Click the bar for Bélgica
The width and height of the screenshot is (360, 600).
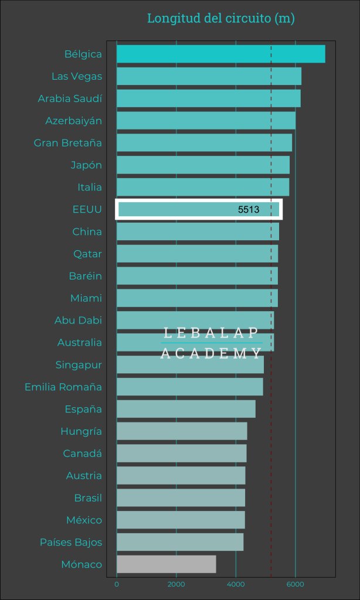click(x=220, y=54)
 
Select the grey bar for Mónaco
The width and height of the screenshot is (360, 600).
click(x=166, y=564)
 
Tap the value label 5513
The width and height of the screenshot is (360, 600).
click(x=249, y=209)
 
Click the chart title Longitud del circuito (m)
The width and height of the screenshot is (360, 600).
click(x=220, y=18)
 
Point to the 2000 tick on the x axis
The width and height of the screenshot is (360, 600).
click(x=176, y=584)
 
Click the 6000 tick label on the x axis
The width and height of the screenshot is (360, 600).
click(x=295, y=584)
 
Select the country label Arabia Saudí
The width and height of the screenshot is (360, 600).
click(x=70, y=98)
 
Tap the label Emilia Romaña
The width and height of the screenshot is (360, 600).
click(x=63, y=387)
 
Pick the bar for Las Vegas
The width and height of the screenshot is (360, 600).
click(x=209, y=76)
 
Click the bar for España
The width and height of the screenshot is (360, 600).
click(x=186, y=409)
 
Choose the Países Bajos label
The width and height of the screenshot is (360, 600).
click(x=71, y=542)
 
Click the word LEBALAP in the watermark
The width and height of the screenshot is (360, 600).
click(x=211, y=333)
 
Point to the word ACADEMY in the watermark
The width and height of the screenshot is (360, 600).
click(x=211, y=353)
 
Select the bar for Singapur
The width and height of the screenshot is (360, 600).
click(x=190, y=364)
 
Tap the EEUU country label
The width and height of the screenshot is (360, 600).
click(x=87, y=209)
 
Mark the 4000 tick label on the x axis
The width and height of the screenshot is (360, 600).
click(x=236, y=584)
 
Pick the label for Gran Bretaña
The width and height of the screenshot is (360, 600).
click(x=68, y=143)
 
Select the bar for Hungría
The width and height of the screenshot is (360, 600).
click(x=182, y=431)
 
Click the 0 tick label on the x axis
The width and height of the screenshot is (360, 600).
click(x=117, y=584)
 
